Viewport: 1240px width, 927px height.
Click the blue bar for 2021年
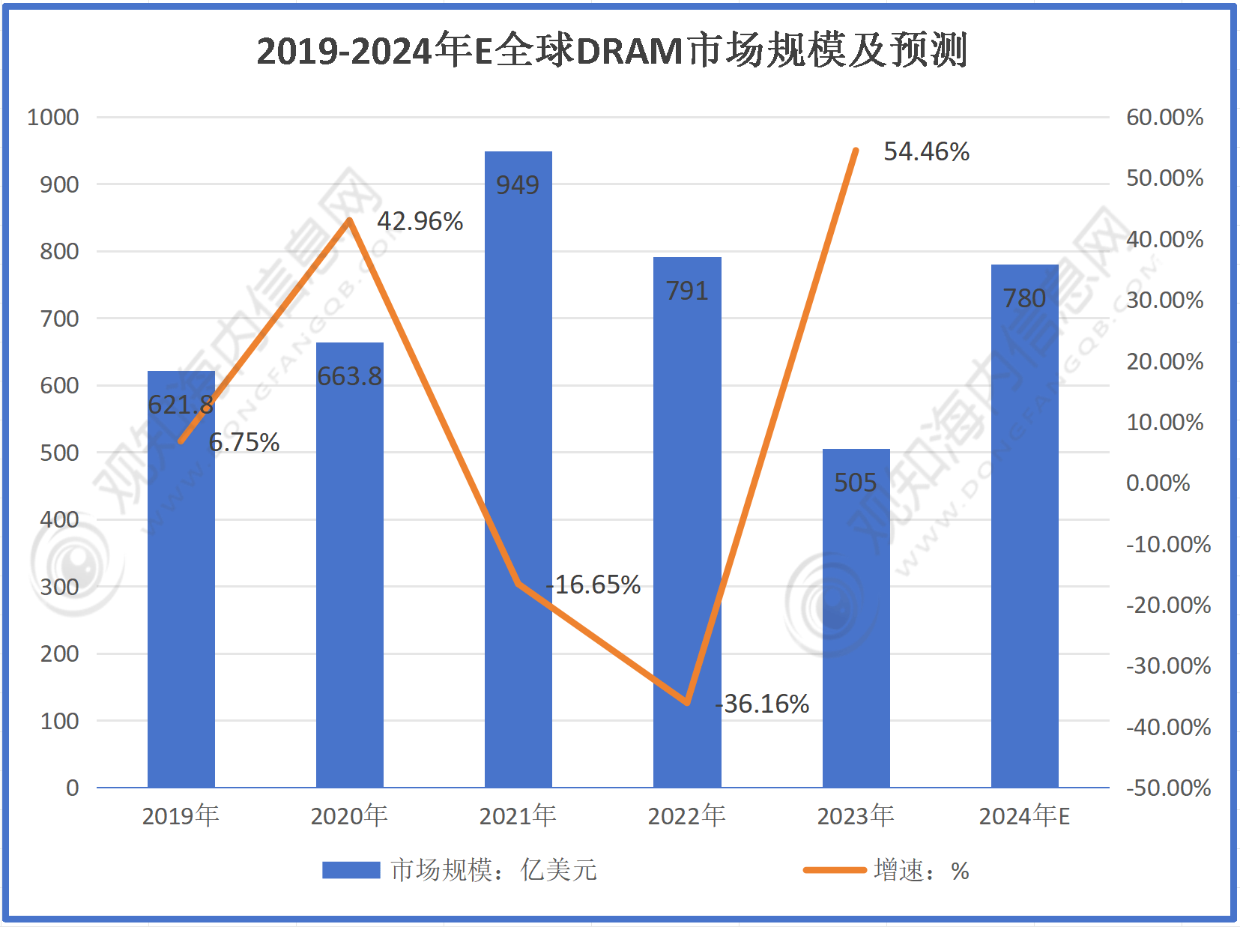(518, 465)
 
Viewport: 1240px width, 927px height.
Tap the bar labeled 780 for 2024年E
(1024, 525)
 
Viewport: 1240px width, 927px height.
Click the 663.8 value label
(349, 376)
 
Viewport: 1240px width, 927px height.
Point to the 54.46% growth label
(926, 152)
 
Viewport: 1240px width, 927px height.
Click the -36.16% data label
(763, 704)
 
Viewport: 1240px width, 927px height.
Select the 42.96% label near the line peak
(420, 222)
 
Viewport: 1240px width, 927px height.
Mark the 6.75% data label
(244, 443)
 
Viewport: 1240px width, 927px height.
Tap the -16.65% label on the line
(593, 585)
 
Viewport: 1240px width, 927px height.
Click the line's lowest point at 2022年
(687, 703)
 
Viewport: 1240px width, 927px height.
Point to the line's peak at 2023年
(856, 151)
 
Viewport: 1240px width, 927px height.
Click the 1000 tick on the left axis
(53, 118)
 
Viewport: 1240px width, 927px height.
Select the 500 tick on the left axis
(59, 453)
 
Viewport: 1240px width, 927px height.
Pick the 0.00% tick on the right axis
(1158, 483)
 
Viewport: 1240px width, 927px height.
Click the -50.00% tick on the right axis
(1168, 788)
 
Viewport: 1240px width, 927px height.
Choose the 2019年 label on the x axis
(181, 816)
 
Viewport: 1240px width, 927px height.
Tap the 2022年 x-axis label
(686, 816)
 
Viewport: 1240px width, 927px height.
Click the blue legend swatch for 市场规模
(351, 870)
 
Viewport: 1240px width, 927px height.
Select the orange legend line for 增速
(834, 870)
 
